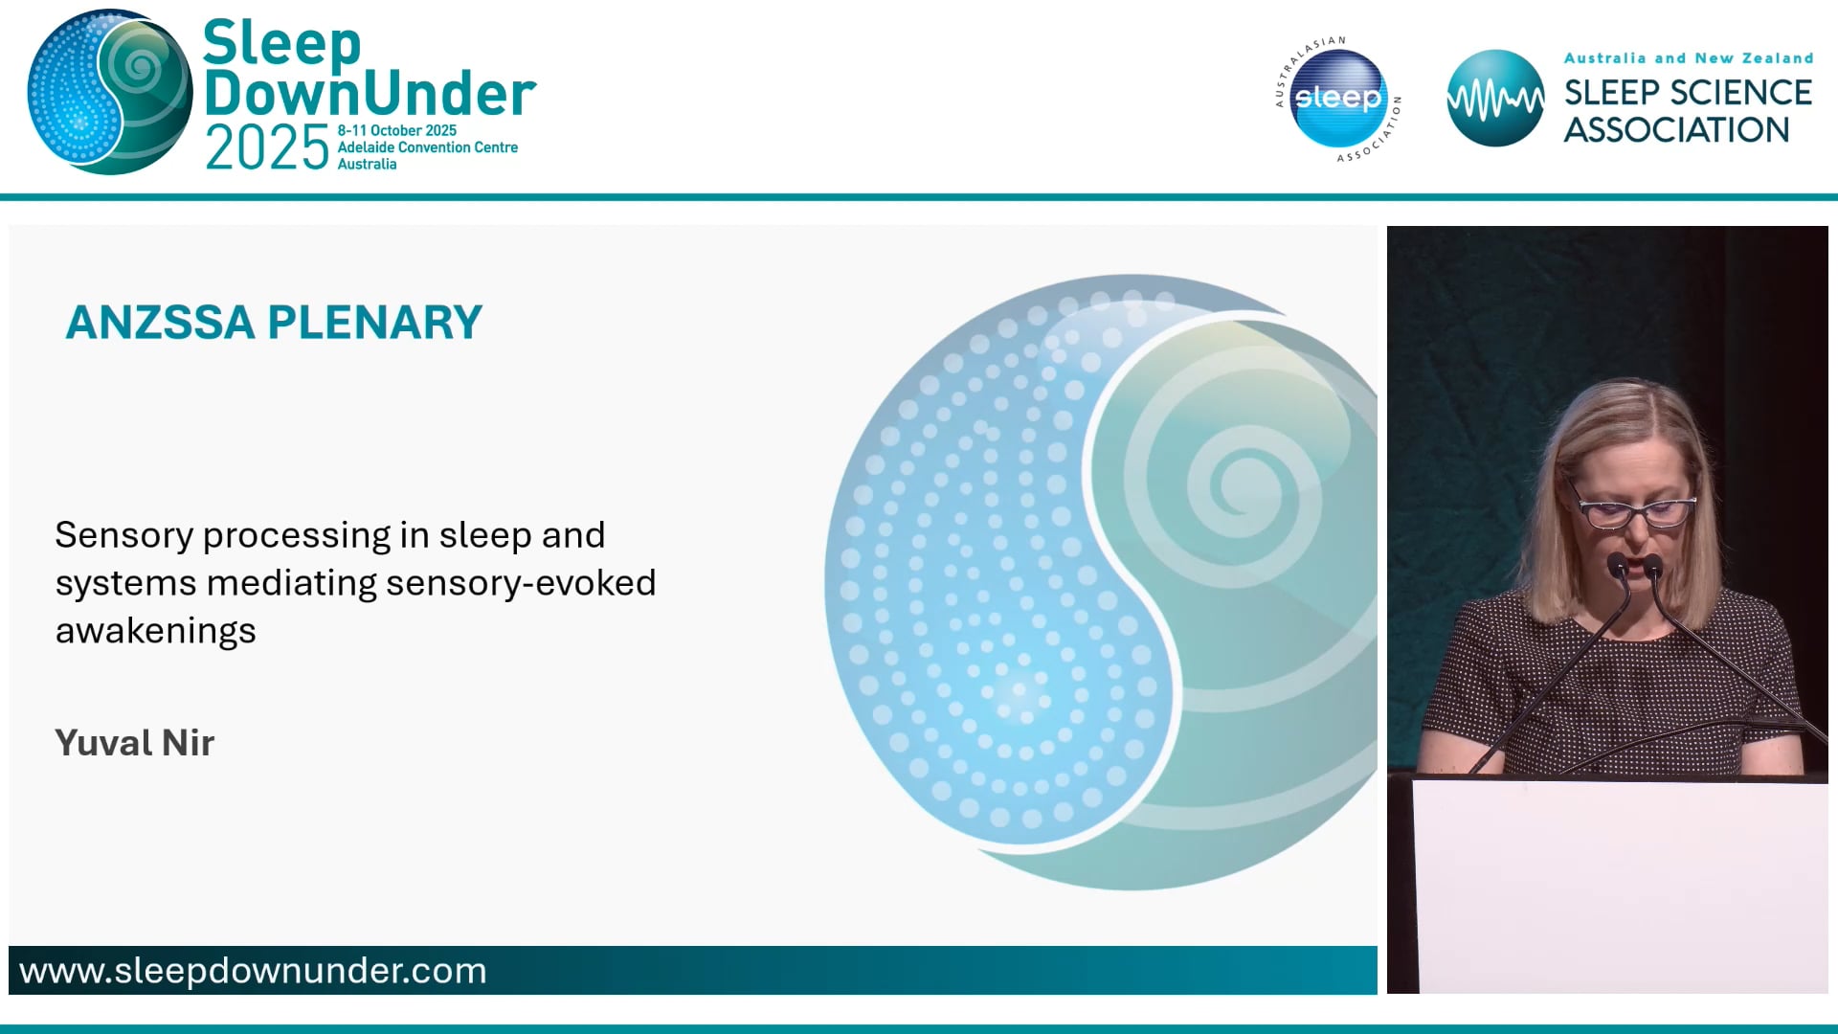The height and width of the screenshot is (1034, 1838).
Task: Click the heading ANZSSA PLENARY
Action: point(274,323)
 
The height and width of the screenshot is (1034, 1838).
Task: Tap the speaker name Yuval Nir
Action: point(135,743)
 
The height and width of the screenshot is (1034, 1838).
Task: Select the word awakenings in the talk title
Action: point(156,631)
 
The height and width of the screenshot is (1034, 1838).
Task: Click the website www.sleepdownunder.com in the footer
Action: point(253,971)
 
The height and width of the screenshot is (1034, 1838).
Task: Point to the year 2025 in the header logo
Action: point(267,149)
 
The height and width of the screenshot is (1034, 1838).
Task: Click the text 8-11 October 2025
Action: point(396,130)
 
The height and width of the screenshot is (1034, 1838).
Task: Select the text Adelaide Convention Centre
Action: point(427,147)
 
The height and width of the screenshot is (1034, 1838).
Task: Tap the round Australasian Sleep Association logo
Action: point(1338,100)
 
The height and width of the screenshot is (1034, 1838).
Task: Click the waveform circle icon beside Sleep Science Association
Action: point(1494,99)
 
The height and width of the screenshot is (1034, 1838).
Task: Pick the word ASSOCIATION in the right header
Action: point(1676,130)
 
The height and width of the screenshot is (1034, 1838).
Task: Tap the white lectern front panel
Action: point(1618,886)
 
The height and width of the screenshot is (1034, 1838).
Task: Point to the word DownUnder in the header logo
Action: point(370,94)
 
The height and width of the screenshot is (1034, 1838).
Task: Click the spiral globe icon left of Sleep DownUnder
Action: point(109,93)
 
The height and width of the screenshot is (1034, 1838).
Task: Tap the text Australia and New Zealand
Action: point(1688,58)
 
